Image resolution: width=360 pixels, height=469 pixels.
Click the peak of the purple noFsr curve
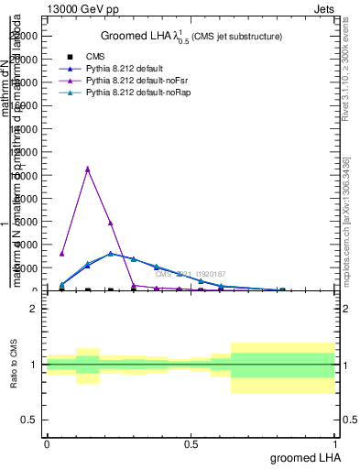click(x=88, y=169)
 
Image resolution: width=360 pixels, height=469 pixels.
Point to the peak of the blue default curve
click(x=111, y=254)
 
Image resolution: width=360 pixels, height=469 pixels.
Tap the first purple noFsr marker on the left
click(x=61, y=254)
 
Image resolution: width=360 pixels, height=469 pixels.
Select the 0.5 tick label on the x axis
click(x=191, y=443)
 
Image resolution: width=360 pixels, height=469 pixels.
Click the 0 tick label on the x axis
click(x=47, y=443)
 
